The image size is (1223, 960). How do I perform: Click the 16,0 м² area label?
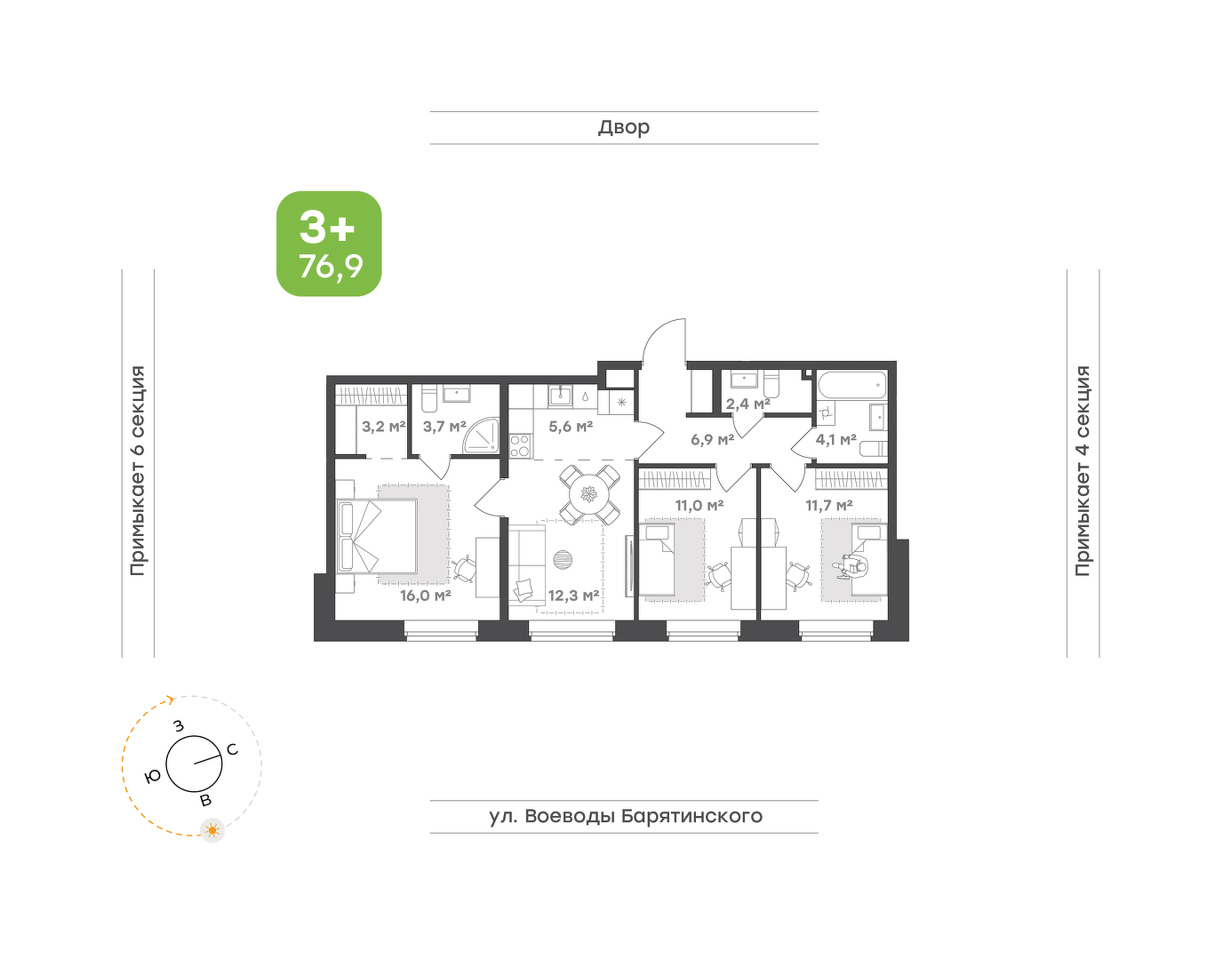426,595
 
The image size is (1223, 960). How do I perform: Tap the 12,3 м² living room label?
573,595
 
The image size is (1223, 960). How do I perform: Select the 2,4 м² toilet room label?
748,404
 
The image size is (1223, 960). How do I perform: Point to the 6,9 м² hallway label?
713,439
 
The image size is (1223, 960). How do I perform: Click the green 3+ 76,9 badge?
329,244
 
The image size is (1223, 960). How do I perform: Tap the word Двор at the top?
624,127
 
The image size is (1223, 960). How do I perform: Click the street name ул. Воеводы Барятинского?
626,816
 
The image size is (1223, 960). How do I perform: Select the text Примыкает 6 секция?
138,470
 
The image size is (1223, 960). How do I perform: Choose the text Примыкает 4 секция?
1083,470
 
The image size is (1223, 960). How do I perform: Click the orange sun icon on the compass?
212,830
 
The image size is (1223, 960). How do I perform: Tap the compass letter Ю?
153,777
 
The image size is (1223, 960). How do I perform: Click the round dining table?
590,495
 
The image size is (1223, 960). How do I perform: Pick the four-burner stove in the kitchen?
521,445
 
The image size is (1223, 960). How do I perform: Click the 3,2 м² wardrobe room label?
384,427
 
